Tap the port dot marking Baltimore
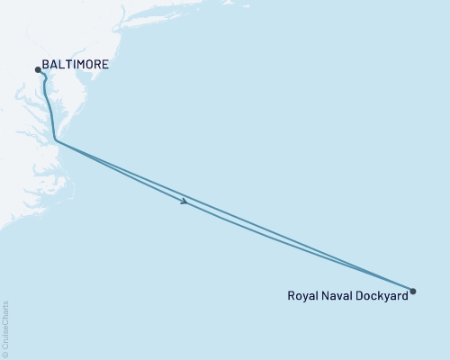37,68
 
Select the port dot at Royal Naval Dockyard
413,291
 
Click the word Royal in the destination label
302,294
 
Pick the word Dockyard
382,294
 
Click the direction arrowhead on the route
184,202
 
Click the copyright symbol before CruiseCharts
6,355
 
